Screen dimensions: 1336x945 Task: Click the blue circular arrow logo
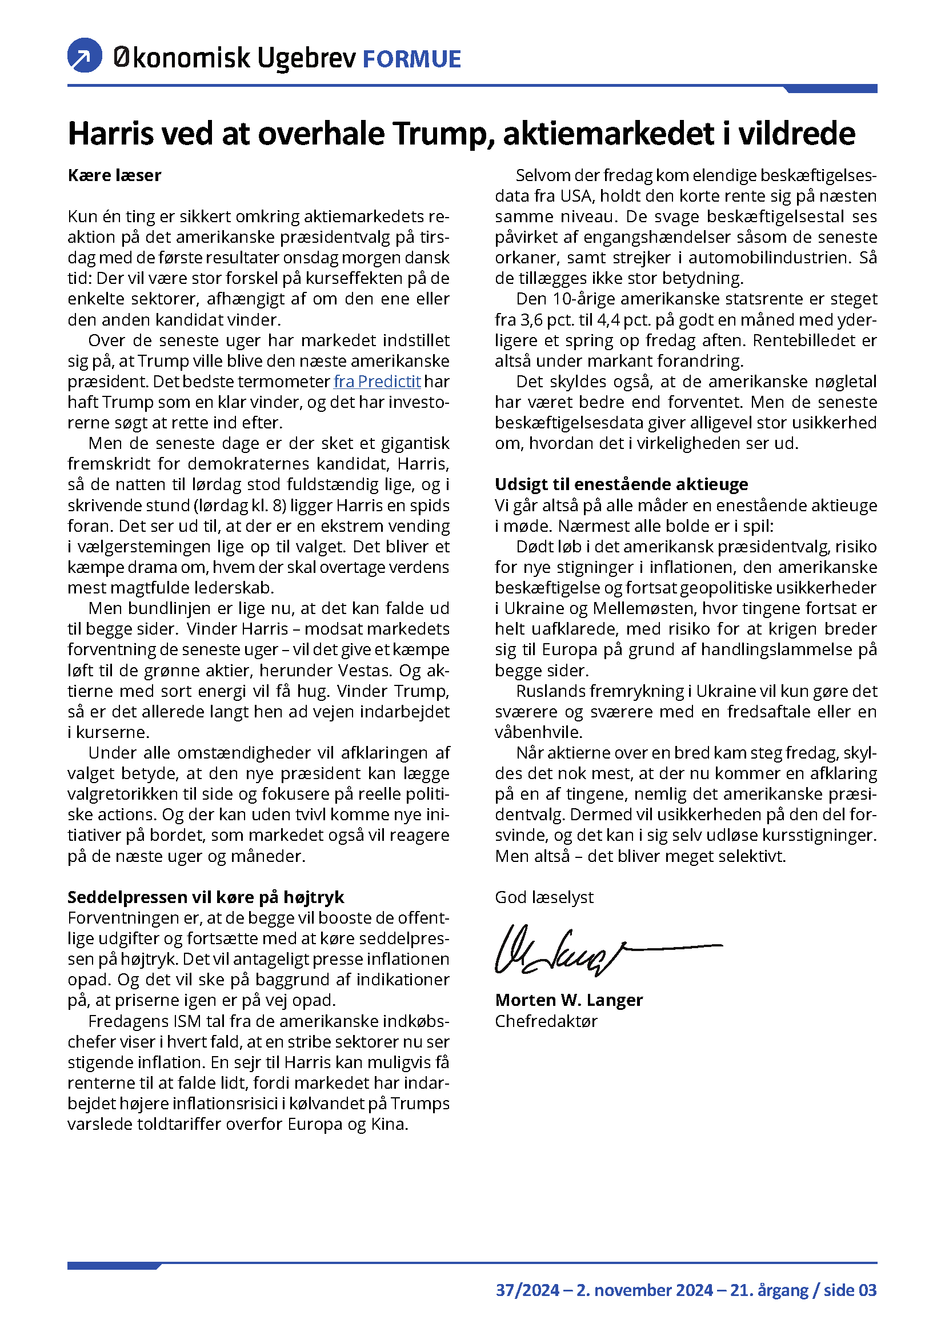coord(85,55)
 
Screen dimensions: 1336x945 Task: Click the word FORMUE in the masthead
coord(411,59)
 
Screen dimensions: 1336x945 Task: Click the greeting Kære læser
coord(115,175)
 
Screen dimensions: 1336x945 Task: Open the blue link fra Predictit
coord(377,382)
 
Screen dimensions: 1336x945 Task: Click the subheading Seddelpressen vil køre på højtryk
coord(206,897)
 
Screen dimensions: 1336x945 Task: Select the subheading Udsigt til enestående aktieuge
coord(621,484)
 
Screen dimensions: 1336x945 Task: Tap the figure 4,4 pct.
coord(624,320)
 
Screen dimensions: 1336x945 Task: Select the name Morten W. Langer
coord(568,1000)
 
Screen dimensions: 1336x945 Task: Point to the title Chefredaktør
coord(546,1021)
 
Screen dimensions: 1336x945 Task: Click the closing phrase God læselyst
coord(544,897)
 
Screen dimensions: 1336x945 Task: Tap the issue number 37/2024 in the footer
coord(527,1291)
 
